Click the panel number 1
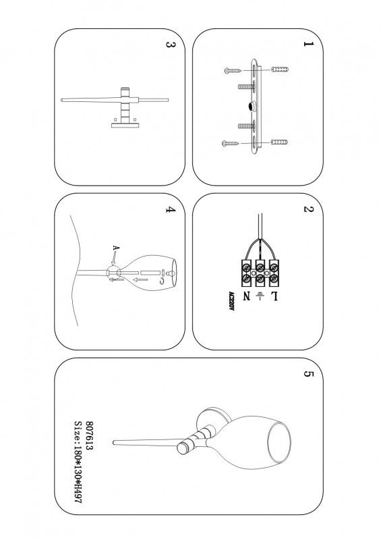(x=308, y=44)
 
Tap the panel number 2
(x=308, y=209)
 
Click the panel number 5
(x=308, y=374)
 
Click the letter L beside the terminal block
(x=274, y=296)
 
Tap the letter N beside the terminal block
(x=247, y=296)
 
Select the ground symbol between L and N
(x=260, y=296)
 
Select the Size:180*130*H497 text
(x=78, y=462)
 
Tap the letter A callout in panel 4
(x=117, y=248)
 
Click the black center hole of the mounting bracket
(x=252, y=107)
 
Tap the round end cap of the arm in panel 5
(x=182, y=448)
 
